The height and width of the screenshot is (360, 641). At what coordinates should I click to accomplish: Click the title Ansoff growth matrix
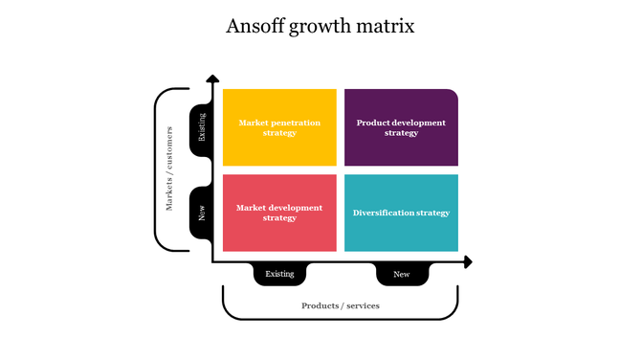tap(320, 26)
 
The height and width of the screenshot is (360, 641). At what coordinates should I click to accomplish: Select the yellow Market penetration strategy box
tap(279, 127)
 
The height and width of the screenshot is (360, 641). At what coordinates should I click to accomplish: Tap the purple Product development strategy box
tap(401, 127)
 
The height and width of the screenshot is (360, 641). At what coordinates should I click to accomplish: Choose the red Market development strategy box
tap(279, 213)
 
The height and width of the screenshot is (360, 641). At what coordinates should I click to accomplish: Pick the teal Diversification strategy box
tap(401, 213)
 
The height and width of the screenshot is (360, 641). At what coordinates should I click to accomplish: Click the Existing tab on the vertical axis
tap(202, 127)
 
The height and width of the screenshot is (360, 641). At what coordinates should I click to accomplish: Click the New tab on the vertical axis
tap(202, 213)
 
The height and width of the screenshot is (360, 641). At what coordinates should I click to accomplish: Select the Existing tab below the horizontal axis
tap(279, 274)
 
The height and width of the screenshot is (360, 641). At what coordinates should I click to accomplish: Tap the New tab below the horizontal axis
tap(401, 274)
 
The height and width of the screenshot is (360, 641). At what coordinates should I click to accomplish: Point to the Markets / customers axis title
tap(169, 169)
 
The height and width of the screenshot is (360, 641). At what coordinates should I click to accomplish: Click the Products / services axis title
tap(341, 305)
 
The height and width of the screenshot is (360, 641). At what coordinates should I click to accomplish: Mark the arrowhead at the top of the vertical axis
tap(212, 79)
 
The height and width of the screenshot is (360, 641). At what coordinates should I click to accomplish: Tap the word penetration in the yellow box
tap(295, 123)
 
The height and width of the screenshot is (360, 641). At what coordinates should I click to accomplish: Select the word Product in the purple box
tap(371, 123)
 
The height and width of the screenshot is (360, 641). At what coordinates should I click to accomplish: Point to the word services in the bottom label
tap(362, 305)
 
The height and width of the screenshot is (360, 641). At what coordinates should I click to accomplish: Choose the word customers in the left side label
tap(169, 147)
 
